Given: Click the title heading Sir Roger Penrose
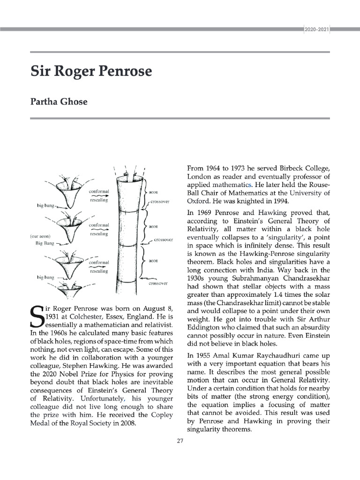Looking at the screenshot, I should click(x=91, y=72).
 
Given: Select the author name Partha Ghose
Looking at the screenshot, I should click(x=59, y=101).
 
